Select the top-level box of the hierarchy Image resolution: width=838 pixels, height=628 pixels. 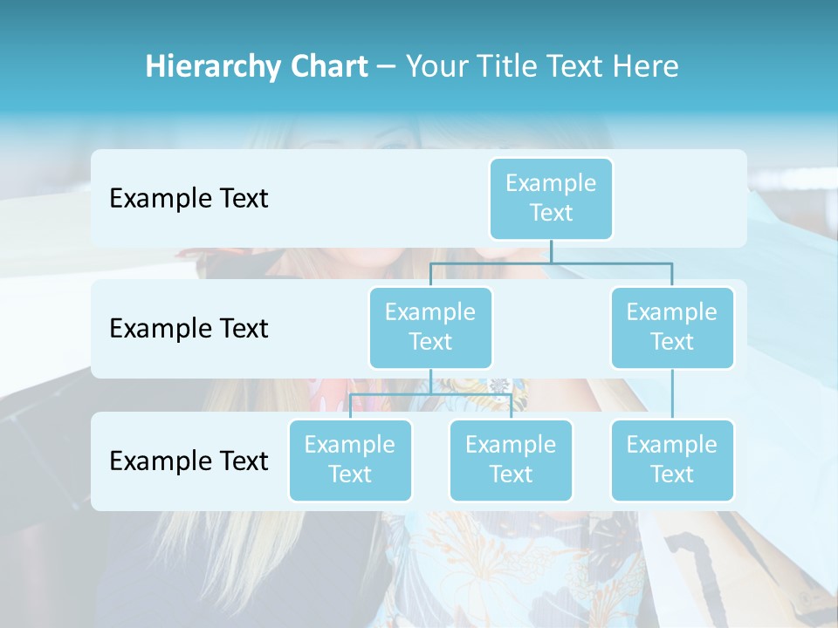[551, 198]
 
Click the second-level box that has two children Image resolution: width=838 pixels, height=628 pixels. [430, 327]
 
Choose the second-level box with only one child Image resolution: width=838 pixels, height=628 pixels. [672, 327]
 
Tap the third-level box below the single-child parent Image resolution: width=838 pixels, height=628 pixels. [672, 460]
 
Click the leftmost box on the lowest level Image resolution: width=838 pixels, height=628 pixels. [350, 460]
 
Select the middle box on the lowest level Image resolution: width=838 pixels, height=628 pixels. [511, 460]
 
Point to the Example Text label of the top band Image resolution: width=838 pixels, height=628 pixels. [189, 198]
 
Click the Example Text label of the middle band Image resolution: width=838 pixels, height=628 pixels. [189, 328]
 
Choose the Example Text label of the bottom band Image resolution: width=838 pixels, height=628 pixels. [189, 461]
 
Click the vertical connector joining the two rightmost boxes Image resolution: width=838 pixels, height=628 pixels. [672, 394]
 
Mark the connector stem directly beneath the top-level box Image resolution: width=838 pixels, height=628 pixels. [551, 251]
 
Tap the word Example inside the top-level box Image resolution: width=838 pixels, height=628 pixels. [551, 183]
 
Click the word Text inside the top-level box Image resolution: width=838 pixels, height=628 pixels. [551, 213]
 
